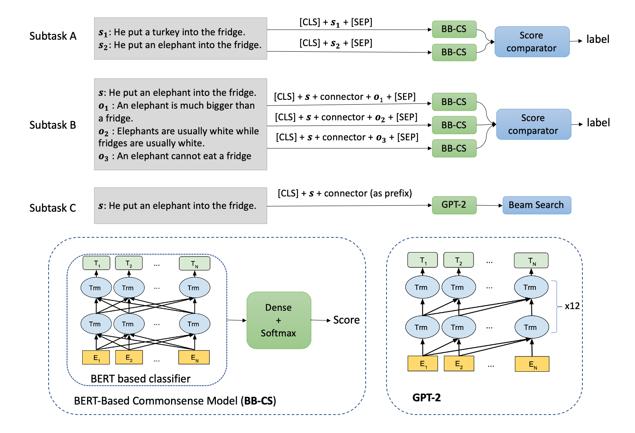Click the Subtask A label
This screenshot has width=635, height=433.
(53, 36)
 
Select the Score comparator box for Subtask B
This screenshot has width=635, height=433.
(533, 124)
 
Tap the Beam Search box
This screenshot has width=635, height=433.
(536, 205)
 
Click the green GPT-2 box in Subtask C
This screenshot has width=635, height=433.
(454, 205)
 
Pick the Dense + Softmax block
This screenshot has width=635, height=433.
(279, 320)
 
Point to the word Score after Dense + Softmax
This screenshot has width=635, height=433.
(346, 320)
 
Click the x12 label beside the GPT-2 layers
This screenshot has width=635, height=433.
(572, 306)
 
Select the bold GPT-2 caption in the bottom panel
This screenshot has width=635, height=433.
(427, 398)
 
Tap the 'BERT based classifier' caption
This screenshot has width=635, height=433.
(140, 379)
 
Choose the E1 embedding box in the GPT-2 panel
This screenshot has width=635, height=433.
(423, 364)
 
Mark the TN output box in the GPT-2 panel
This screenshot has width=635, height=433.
(531, 261)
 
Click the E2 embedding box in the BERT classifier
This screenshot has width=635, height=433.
(129, 357)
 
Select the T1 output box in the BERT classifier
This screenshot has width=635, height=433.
(96, 263)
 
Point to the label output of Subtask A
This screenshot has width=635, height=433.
(598, 39)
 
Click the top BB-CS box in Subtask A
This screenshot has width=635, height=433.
(454, 29)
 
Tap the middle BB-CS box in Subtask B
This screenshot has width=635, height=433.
(454, 125)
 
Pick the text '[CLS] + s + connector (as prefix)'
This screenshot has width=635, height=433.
(345, 194)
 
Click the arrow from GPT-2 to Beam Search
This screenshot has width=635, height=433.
(489, 205)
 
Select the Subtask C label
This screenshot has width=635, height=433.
(53, 208)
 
